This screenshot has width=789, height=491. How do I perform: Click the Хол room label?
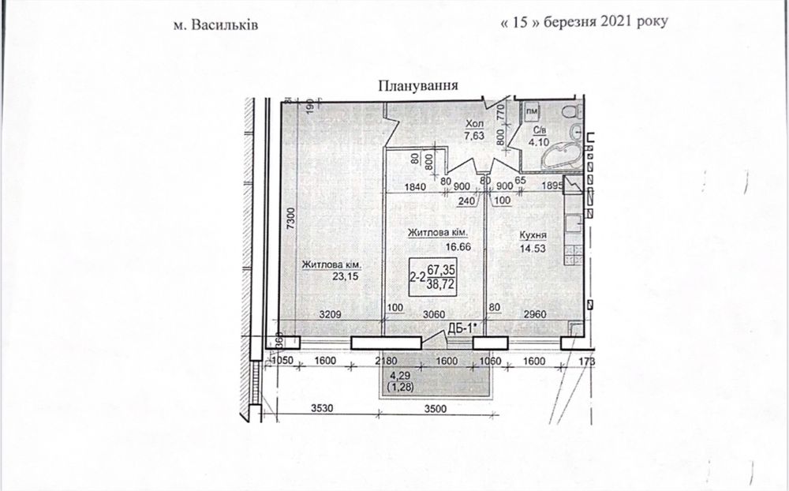click(473, 124)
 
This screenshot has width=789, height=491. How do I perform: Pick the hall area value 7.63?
click(473, 136)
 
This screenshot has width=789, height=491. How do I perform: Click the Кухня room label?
click(533, 235)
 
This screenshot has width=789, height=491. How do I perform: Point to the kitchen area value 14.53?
click(533, 249)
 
